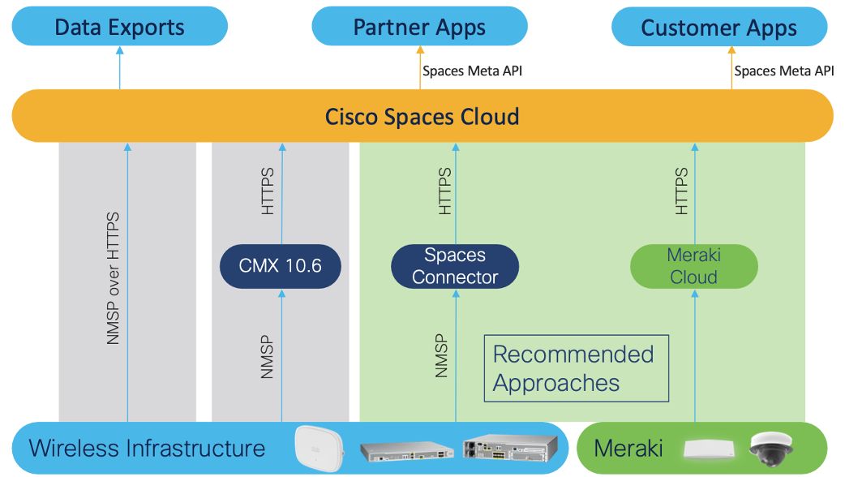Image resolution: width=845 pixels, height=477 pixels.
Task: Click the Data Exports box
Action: pos(119,27)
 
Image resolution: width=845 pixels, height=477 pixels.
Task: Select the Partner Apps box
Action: pos(419,27)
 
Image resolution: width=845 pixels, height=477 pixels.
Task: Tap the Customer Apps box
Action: pos(718,28)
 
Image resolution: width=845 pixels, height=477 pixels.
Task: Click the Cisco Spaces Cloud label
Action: pos(422,116)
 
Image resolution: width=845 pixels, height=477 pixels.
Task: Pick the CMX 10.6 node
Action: pos(281,265)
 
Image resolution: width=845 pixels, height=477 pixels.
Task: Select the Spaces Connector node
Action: pos(454,266)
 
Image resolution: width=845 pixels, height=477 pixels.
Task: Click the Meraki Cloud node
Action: pos(693,266)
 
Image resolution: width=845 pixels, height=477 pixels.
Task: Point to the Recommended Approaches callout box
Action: pos(576,367)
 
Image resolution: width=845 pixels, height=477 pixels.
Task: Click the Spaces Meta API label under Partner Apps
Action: pos(472,71)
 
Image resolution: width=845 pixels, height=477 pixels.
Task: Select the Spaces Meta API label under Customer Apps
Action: pos(784,71)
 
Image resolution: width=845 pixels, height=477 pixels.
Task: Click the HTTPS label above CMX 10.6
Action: pos(268,191)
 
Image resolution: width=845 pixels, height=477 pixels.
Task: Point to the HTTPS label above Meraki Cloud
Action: pos(681,191)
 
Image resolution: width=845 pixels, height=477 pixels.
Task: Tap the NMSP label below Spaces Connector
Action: pos(442,355)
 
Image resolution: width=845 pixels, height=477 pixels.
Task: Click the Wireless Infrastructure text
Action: pos(147,448)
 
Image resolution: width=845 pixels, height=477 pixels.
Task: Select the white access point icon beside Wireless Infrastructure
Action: pos(319,448)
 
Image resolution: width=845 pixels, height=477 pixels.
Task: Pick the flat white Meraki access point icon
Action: pos(709,449)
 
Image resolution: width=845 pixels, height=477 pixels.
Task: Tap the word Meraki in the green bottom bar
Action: pos(628,448)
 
